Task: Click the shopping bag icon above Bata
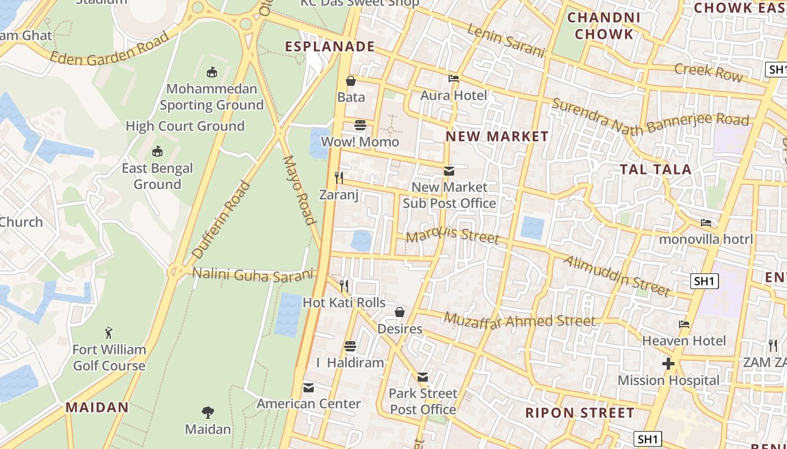(x=351, y=81)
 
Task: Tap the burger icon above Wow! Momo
(x=360, y=125)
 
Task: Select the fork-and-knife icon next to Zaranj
(x=339, y=178)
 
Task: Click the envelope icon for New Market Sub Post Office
(x=449, y=171)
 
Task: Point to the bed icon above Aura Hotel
(x=454, y=79)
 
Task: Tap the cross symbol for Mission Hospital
(x=668, y=364)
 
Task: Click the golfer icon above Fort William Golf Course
(x=109, y=333)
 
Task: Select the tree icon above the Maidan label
(x=208, y=413)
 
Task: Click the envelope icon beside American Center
(x=309, y=387)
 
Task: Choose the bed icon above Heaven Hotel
(x=684, y=324)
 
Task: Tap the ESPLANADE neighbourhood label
(x=330, y=47)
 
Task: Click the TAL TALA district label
(x=655, y=169)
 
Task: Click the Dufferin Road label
(x=221, y=219)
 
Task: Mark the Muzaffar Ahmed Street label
(x=519, y=320)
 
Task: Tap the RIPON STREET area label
(x=580, y=413)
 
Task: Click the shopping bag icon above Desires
(x=400, y=312)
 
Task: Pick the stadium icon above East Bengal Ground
(x=157, y=152)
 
